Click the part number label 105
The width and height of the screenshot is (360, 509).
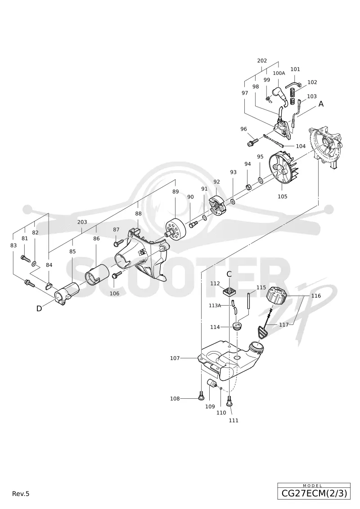click(282, 196)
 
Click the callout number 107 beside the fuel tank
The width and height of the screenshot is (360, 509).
click(175, 358)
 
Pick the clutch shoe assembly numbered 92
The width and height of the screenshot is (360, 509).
click(216, 205)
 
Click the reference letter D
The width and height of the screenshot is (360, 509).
click(39, 308)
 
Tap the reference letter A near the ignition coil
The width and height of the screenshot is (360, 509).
click(321, 104)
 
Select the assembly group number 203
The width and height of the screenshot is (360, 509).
click(82, 222)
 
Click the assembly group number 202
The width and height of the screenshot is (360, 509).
click(262, 61)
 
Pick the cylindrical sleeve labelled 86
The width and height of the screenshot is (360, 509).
click(96, 274)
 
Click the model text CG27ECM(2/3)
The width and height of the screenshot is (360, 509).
click(314, 494)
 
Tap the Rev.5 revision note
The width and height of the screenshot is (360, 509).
click(21, 494)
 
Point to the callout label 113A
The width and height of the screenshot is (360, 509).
click(215, 305)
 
